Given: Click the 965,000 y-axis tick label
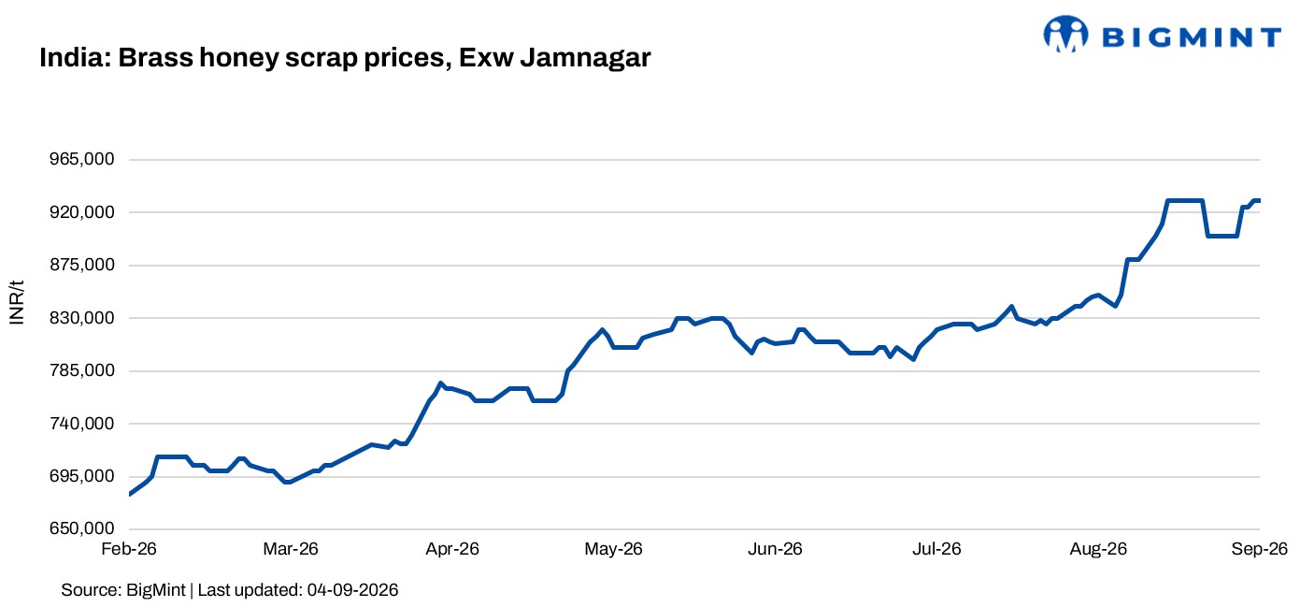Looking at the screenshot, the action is click(82, 159).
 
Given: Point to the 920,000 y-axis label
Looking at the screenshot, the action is click(82, 212).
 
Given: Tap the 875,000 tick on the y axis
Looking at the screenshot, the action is click(82, 265).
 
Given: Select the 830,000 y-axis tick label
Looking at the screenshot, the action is click(82, 318).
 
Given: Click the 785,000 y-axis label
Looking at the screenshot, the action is click(82, 370).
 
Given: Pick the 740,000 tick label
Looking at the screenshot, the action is click(82, 424).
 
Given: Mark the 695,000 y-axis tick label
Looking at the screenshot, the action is click(82, 476).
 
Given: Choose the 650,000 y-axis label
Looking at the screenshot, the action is click(82, 528).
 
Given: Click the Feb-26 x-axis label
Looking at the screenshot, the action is click(129, 549).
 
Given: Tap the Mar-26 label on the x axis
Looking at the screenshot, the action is click(291, 549).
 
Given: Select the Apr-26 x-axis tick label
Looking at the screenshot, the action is click(452, 549).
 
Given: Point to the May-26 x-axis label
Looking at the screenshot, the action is click(613, 549).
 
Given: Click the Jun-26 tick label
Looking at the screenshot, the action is click(775, 549).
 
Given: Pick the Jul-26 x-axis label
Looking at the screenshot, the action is click(936, 549).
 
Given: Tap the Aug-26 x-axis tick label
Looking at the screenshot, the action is click(1098, 549).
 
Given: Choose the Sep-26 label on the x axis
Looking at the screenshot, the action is click(1260, 549).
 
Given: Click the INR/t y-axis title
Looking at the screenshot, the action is click(17, 302).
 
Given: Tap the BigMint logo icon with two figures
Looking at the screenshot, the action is click(1065, 34).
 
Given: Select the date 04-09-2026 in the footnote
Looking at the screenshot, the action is click(353, 590).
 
